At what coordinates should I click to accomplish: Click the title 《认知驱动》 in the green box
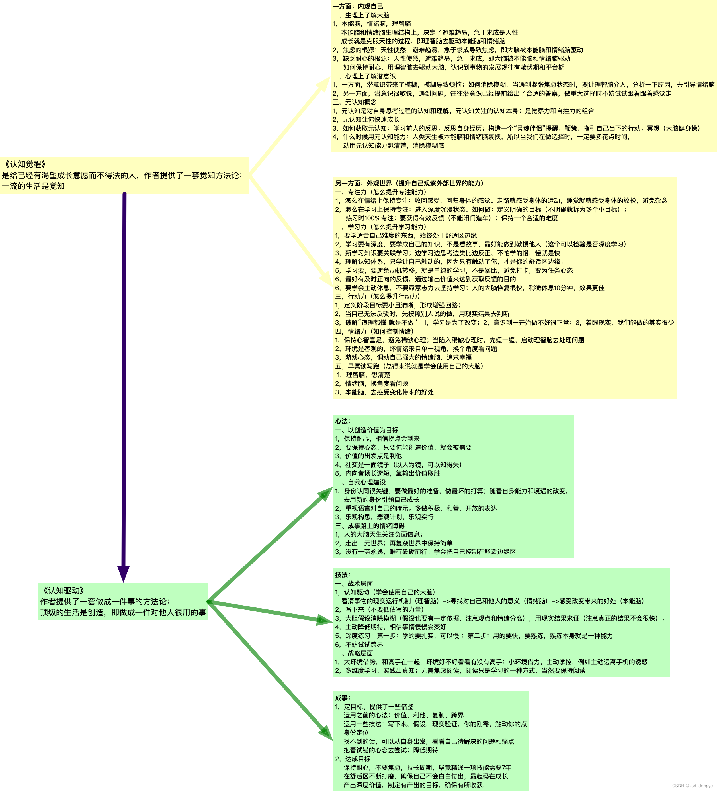pos(63,590)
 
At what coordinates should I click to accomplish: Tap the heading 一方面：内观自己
pos(358,6)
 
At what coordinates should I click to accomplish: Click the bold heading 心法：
pos(342,421)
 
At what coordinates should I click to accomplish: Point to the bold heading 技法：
pos(342,575)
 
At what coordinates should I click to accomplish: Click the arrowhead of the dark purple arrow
pos(124,574)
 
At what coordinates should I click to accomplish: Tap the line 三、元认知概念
pos(355,102)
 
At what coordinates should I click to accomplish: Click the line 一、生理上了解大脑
pos(361,15)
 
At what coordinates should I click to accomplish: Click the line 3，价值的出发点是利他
pos(368,456)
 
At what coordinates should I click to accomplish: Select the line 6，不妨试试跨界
pos(359,644)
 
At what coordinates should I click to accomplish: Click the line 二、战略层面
pos(354,653)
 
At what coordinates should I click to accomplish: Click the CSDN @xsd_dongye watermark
pos(692,786)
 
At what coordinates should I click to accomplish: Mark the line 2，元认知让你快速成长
pos(366,119)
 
